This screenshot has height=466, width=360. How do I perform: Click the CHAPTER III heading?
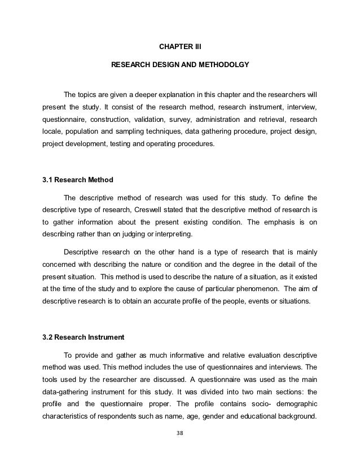tap(179, 41)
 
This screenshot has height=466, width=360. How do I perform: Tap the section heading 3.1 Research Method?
tap(78, 180)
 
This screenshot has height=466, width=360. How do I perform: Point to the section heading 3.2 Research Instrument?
tap(84, 338)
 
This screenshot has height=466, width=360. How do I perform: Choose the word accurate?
tap(161, 301)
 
